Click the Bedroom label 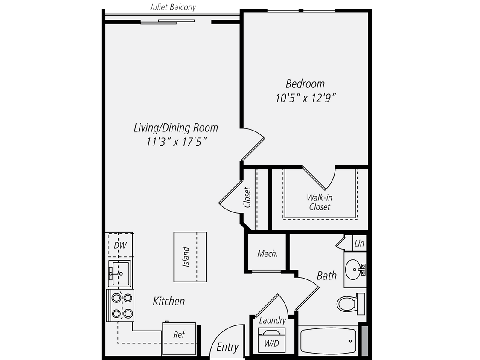click(x=305, y=84)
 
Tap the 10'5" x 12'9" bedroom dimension click(x=305, y=98)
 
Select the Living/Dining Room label click(x=176, y=128)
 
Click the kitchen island click(x=190, y=257)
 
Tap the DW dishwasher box click(x=120, y=245)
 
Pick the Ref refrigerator click(x=179, y=335)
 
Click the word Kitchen click(x=169, y=301)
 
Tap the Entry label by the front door click(x=227, y=347)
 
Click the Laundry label click(x=272, y=321)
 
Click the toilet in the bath click(x=349, y=304)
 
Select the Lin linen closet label click(x=359, y=244)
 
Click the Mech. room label click(x=268, y=253)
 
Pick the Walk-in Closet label click(x=319, y=203)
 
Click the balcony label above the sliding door click(x=172, y=7)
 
